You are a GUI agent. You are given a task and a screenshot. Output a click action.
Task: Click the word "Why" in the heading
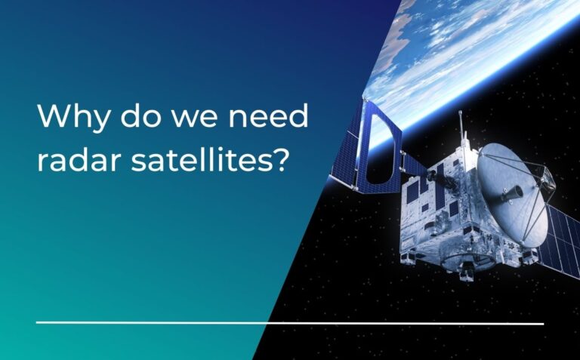72,118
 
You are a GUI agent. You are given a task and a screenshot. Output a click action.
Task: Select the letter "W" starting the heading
51,118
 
